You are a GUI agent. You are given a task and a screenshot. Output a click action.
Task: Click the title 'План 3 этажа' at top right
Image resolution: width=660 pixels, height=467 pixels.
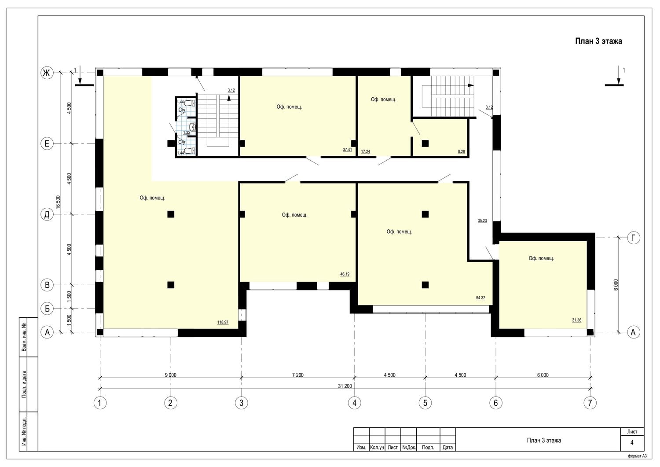[x=598, y=41]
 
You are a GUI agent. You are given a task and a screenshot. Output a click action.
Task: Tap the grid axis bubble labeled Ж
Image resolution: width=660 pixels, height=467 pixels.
[x=47, y=73]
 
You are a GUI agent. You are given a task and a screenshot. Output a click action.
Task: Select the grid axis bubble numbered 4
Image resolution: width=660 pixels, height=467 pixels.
[x=355, y=403]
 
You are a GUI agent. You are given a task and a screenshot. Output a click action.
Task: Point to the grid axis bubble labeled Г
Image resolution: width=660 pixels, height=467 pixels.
[x=633, y=238]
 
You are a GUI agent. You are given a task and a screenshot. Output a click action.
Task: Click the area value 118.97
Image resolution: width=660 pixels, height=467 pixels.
[x=223, y=322]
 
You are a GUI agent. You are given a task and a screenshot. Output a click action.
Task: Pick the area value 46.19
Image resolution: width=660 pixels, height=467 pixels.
[x=345, y=274]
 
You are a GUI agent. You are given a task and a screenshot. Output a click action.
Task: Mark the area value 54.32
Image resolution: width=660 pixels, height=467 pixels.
[x=480, y=298]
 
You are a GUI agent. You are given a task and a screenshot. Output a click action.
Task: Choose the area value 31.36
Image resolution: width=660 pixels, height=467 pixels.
[x=576, y=320]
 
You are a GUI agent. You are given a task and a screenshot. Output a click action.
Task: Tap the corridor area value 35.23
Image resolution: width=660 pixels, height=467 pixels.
[x=482, y=221]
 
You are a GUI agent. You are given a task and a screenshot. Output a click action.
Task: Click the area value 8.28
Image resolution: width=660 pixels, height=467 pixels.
[x=462, y=151]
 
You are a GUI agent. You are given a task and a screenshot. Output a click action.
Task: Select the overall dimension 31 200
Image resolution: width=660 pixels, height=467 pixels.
[x=345, y=386]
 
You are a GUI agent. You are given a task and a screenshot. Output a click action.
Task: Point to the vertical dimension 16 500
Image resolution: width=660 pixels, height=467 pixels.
[x=58, y=202]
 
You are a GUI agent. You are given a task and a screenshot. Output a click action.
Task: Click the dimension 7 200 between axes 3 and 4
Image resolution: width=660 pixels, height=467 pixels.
[x=298, y=375]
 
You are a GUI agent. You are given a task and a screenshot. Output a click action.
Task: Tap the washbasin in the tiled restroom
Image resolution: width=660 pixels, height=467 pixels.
[x=192, y=127]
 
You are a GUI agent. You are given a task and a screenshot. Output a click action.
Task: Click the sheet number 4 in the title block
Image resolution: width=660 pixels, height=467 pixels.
[x=632, y=443]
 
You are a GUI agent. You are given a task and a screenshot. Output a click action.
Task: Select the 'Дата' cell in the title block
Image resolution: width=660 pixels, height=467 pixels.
[x=447, y=447]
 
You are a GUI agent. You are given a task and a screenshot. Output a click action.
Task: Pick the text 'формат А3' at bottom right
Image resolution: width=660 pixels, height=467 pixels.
[x=637, y=456]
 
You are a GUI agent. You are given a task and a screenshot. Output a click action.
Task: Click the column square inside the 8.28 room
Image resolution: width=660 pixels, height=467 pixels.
[x=425, y=143]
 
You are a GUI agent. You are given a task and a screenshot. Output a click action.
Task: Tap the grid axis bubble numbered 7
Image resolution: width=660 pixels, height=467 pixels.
[x=590, y=403]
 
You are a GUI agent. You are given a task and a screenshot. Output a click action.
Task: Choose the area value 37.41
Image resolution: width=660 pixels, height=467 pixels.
[x=348, y=150]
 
